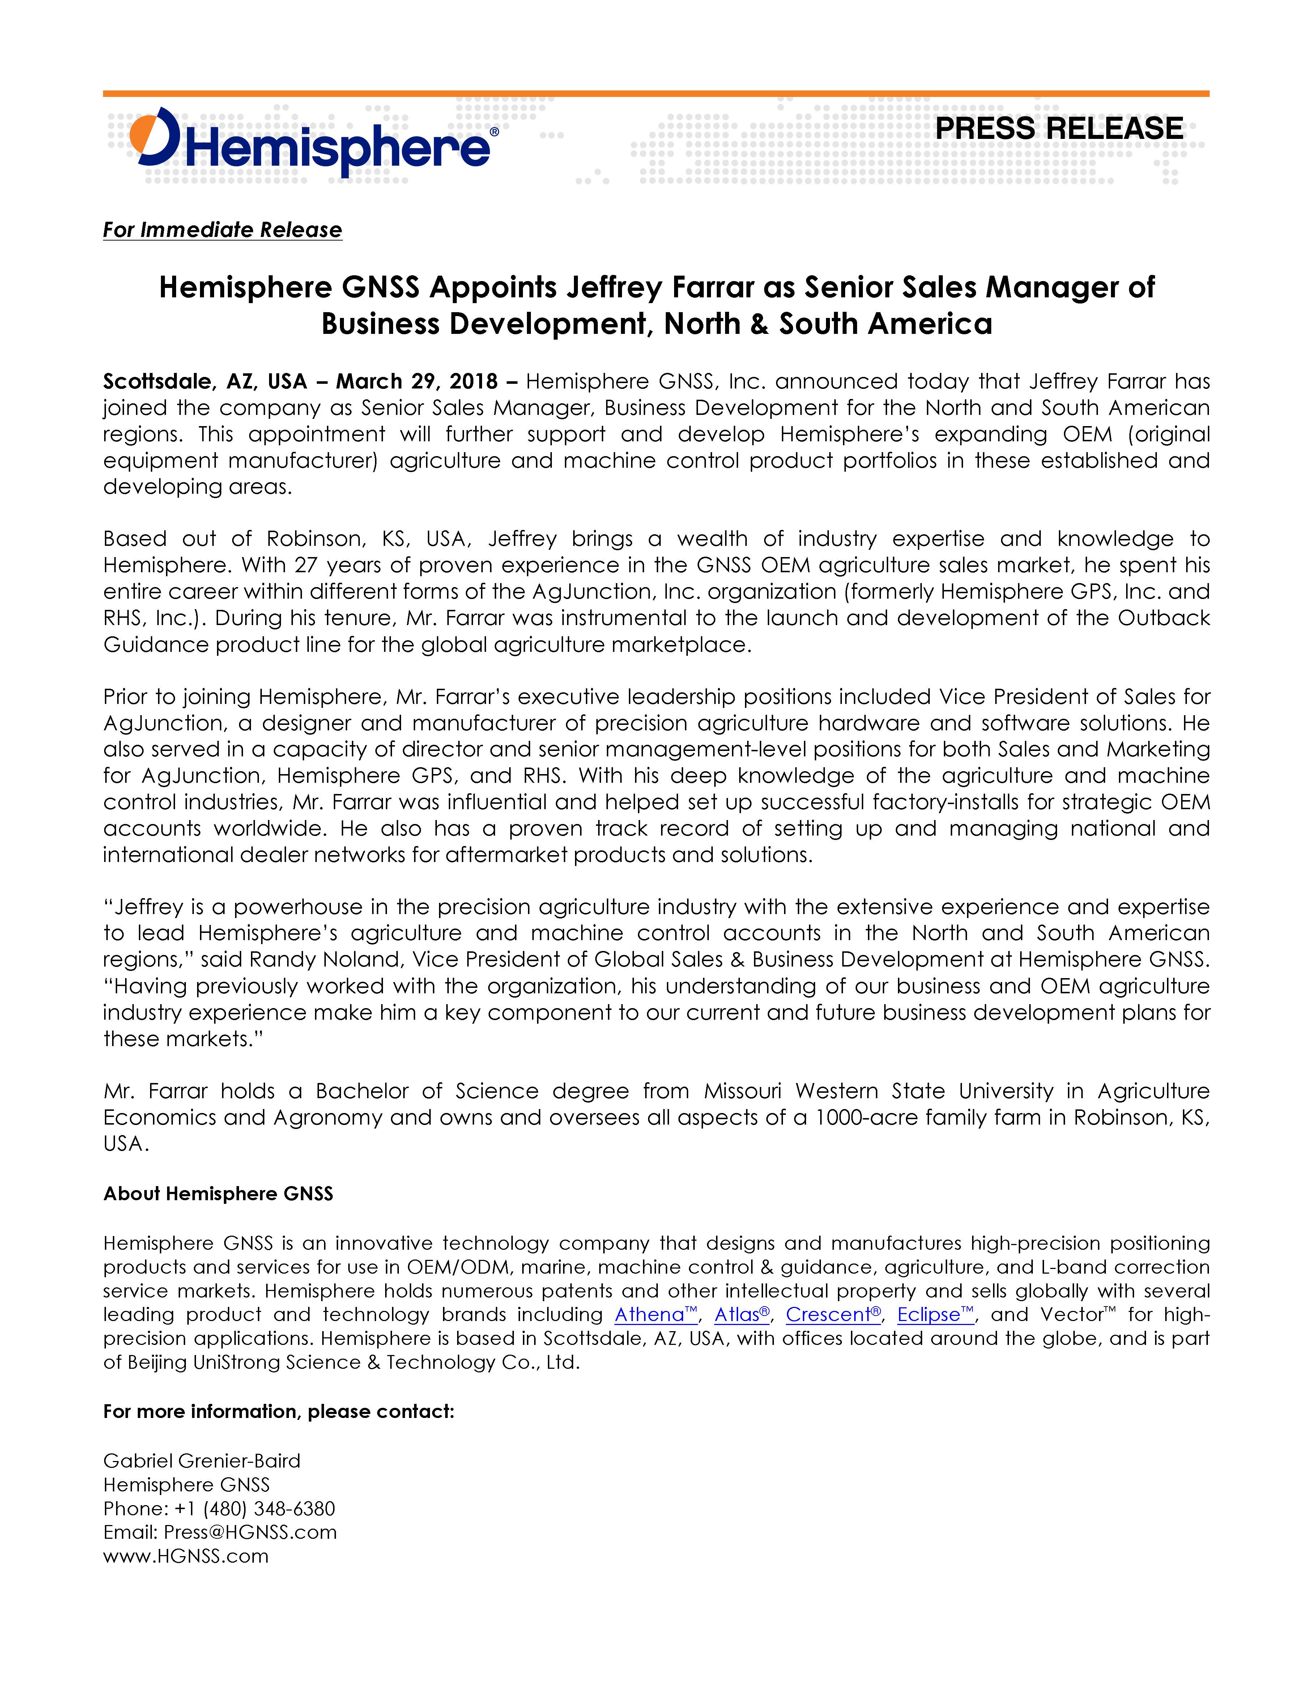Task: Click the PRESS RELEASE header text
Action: [x=1059, y=129]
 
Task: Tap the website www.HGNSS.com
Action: [x=186, y=1557]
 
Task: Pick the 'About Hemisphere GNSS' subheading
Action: [x=218, y=1194]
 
